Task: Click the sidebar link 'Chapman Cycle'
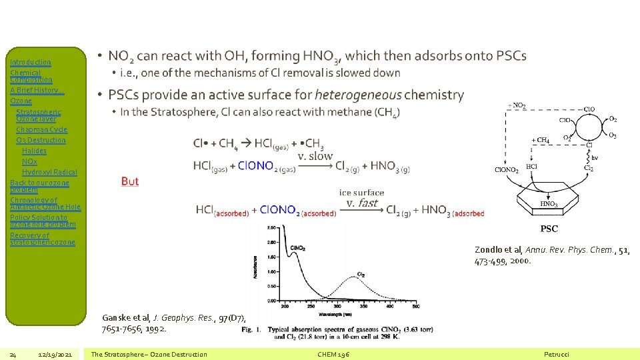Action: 41,129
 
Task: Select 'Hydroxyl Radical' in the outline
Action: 49,172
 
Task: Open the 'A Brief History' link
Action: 34,90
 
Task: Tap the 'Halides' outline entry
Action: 34,151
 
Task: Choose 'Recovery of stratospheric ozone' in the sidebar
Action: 43,239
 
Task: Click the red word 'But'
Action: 130,181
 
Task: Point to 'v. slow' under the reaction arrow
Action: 315,155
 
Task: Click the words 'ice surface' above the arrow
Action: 361,193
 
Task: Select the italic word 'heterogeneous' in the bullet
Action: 358,95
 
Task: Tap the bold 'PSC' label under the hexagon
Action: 549,229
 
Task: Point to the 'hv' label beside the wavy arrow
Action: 595,158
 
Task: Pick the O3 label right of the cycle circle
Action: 613,136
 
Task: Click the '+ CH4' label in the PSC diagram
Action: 540,140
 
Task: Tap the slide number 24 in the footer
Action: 13,354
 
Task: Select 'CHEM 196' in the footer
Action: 334,354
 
